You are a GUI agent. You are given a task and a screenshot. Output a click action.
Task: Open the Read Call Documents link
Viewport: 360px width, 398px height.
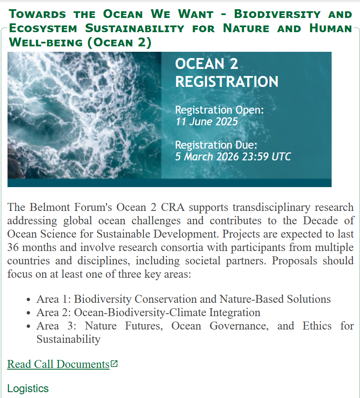coord(58,364)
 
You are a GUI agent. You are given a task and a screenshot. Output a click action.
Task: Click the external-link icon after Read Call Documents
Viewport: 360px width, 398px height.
coord(114,364)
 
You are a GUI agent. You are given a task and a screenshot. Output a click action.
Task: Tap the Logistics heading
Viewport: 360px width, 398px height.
coord(28,389)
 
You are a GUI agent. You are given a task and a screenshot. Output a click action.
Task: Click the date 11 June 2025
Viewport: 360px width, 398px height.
coord(206,122)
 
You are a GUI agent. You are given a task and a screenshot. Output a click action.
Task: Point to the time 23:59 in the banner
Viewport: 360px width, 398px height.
coord(255,157)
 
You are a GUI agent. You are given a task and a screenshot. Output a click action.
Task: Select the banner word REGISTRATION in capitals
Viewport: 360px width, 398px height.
coord(227,82)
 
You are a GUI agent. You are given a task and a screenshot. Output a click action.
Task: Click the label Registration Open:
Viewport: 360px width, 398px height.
coord(219,110)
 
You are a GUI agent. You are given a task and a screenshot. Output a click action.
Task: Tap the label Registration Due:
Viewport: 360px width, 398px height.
coord(216,145)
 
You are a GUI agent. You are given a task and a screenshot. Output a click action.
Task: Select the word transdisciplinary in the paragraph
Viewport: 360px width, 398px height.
coord(272,208)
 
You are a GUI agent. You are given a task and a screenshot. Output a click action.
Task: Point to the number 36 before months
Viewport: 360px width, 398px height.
coord(13,247)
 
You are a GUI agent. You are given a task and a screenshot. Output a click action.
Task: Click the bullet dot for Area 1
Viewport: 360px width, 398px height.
coord(28,300)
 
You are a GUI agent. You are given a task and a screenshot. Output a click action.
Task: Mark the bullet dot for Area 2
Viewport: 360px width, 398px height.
coord(28,313)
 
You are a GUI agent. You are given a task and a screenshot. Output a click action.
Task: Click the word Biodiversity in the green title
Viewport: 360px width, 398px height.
coord(277,14)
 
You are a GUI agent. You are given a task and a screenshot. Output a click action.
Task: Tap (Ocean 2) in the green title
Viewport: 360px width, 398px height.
coord(119,42)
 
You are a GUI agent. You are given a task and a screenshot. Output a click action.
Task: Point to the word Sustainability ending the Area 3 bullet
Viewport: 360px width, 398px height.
coord(68,340)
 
